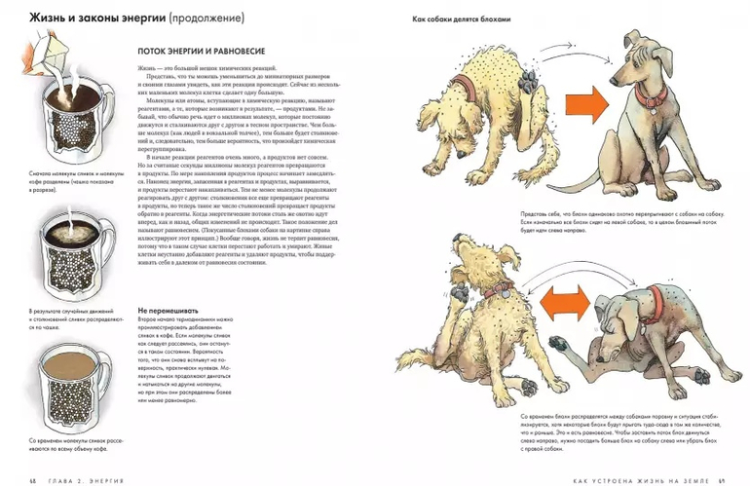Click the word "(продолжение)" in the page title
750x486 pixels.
206,19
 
